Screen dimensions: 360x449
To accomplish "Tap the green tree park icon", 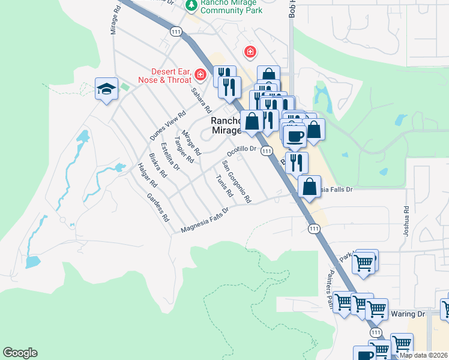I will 191,5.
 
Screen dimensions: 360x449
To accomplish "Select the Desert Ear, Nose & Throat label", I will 155,75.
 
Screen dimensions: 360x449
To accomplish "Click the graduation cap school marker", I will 106,89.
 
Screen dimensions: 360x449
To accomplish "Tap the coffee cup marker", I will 294,136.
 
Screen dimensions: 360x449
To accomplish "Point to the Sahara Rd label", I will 202,101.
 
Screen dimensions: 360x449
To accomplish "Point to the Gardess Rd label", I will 158,208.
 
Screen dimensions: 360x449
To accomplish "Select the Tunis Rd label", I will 223,187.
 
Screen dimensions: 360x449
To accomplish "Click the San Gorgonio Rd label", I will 237,181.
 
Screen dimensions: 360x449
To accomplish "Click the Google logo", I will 20,353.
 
